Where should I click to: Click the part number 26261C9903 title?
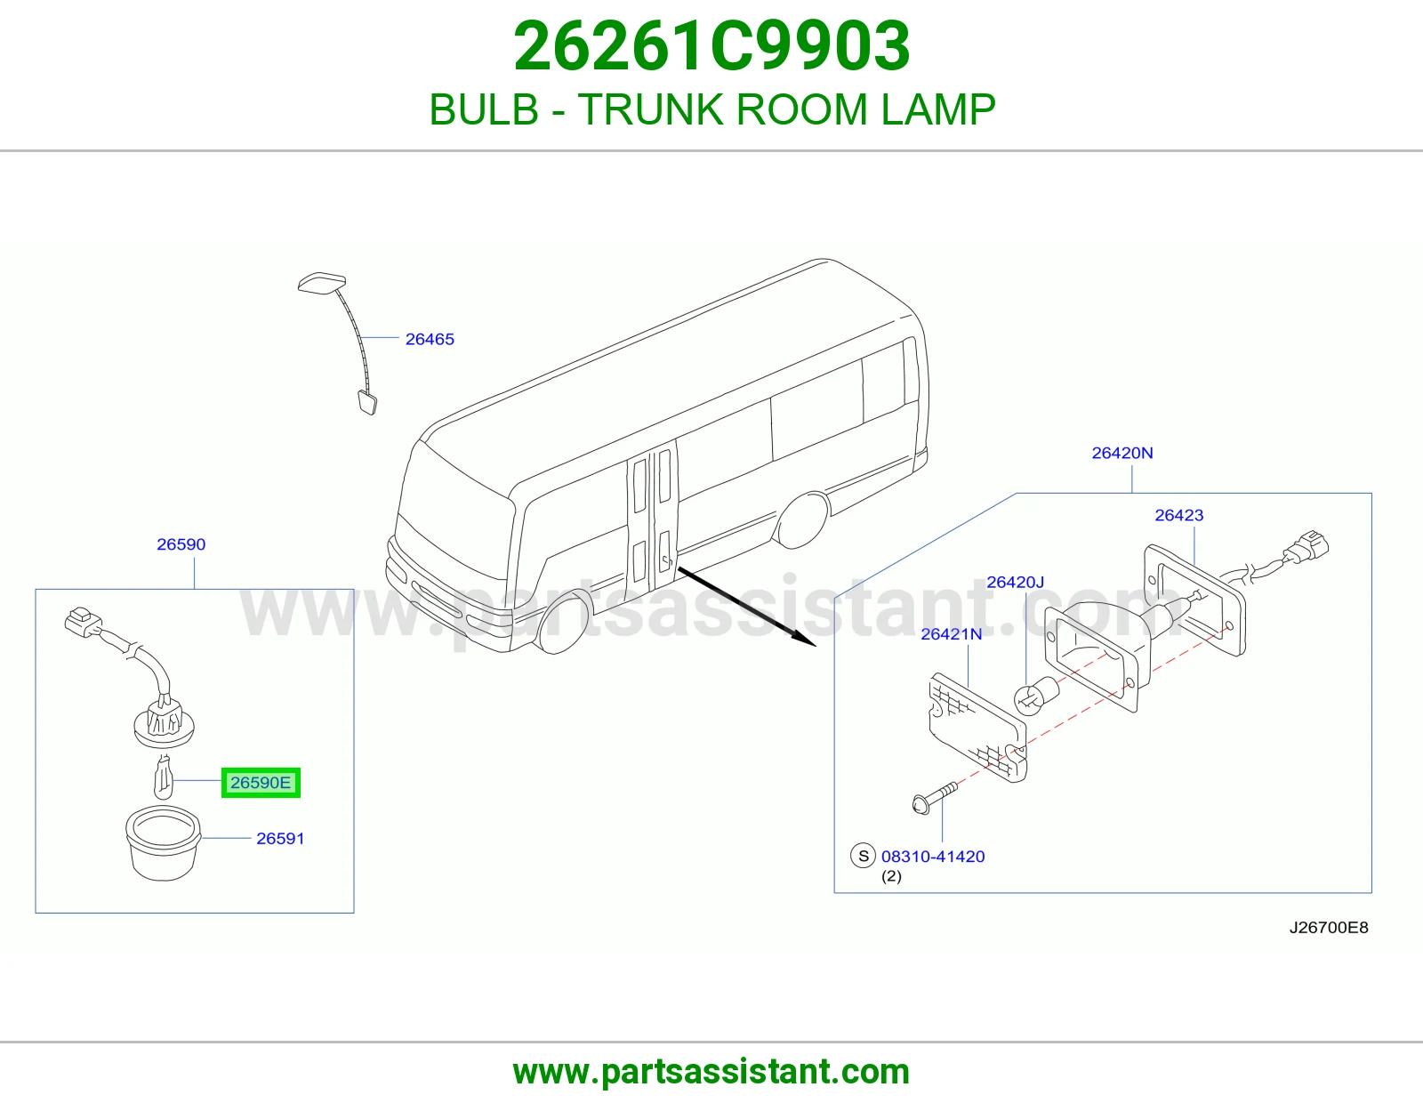click(711, 46)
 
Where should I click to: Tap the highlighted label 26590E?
click(261, 783)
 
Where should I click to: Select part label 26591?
click(280, 839)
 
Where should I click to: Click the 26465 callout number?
click(430, 339)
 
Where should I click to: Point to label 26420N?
click(1122, 453)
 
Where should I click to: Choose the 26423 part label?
click(1178, 515)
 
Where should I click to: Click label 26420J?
click(1015, 582)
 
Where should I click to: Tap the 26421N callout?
click(952, 633)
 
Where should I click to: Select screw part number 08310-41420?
click(933, 856)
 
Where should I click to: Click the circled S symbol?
click(863, 856)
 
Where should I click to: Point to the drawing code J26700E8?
click(1329, 928)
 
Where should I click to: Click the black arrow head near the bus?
click(805, 638)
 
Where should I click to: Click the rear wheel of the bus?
click(801, 520)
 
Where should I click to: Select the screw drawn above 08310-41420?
click(935, 797)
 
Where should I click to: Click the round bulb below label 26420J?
click(1036, 696)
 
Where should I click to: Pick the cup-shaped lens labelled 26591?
click(163, 845)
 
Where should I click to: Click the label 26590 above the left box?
click(181, 544)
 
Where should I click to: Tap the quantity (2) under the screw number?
click(891, 876)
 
